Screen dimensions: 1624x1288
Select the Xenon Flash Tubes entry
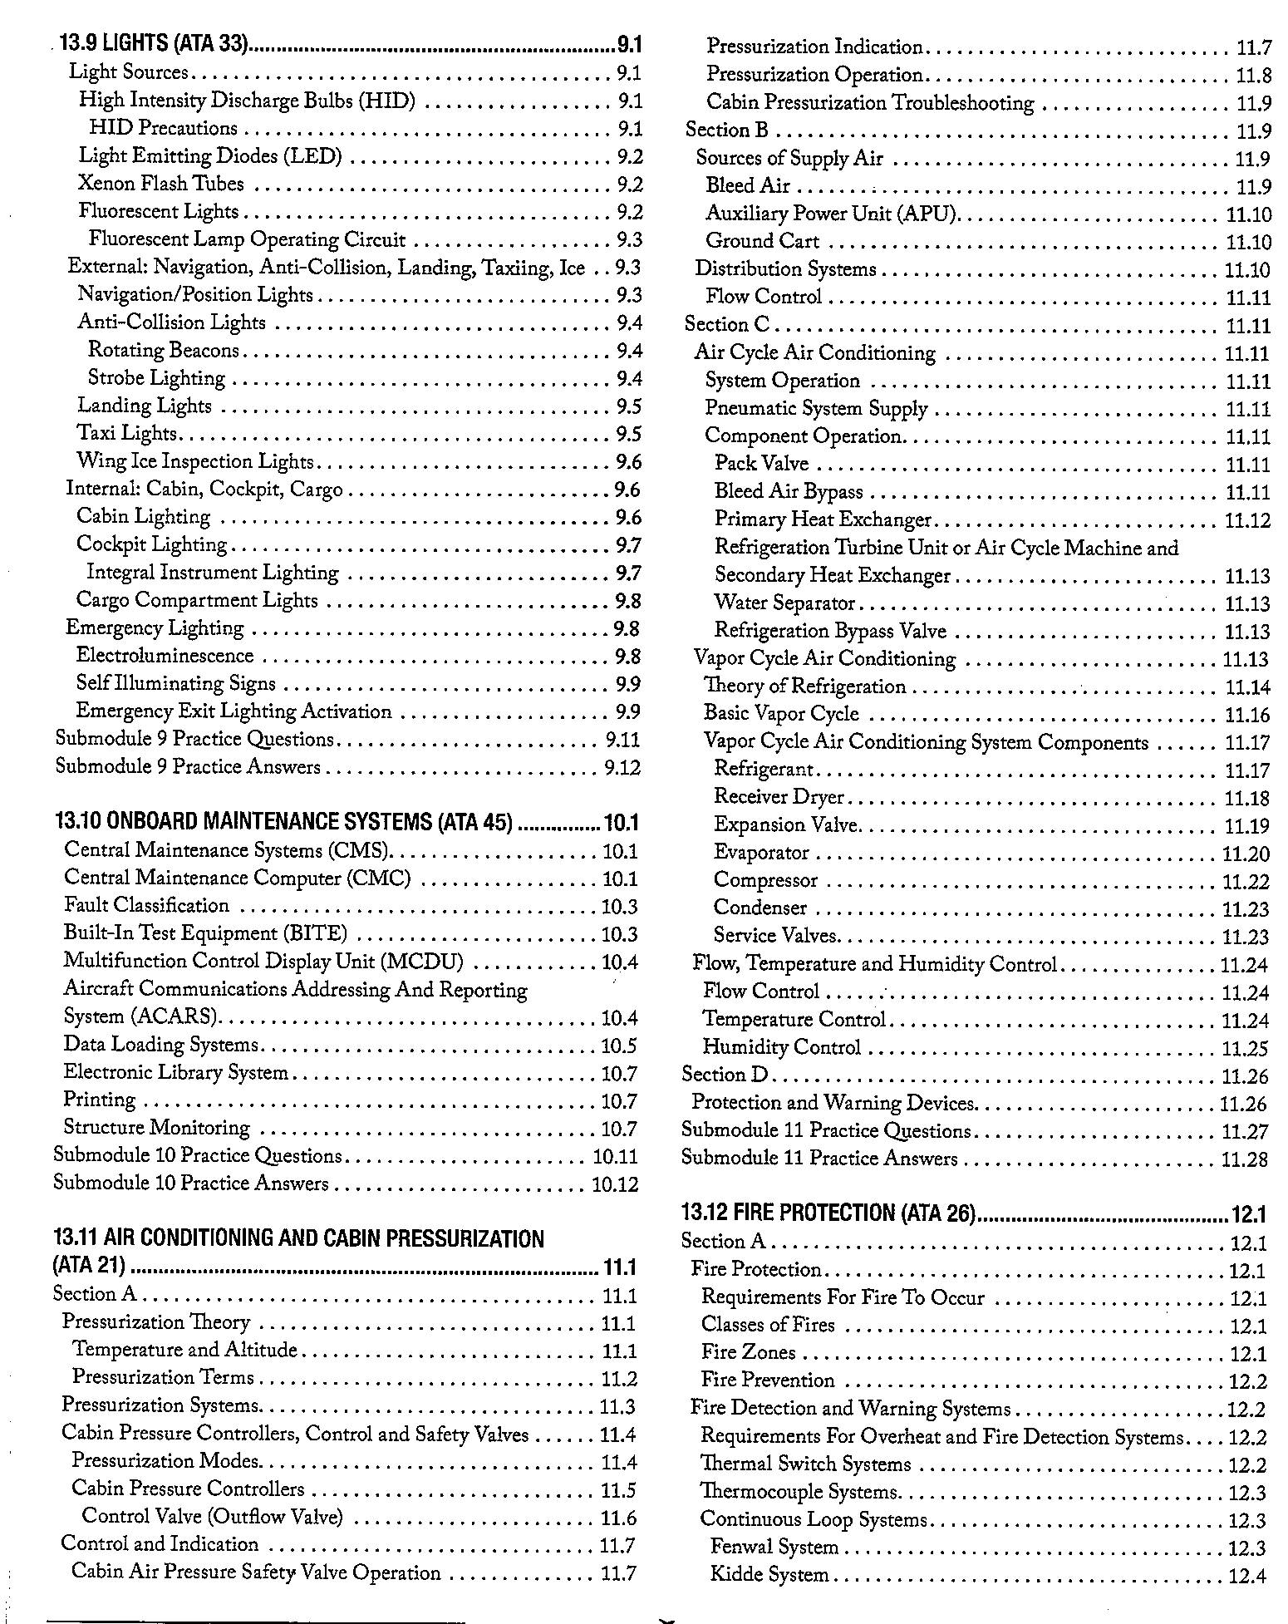161,184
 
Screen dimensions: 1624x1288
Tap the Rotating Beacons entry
164,350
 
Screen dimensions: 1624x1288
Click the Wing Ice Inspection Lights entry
195,461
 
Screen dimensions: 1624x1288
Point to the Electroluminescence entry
165,656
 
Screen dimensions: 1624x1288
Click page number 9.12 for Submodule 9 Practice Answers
622,767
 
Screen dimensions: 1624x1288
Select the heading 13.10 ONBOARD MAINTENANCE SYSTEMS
283,823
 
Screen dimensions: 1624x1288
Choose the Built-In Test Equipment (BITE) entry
205,933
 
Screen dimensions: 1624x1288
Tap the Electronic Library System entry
175,1072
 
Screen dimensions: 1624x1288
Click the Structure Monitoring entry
156,1128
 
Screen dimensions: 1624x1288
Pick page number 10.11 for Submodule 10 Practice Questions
615,1156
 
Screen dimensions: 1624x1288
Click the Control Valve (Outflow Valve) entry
212,1517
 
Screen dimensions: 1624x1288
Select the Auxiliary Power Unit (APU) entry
832,214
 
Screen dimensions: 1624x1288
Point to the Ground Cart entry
762,241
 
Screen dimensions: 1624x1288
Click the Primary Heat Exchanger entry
823,519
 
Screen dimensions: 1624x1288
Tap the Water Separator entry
784,603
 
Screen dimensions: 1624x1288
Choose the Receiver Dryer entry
779,797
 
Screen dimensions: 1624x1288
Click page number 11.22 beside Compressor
1246,882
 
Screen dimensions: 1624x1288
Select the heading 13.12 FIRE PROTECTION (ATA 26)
828,1213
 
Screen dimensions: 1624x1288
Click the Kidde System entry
769,1575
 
